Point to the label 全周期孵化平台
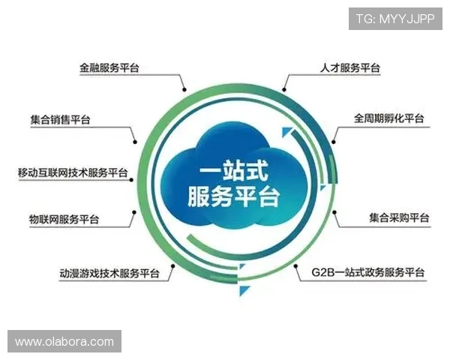388,118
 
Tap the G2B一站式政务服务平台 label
367,272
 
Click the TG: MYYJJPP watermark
394,18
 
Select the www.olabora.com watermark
64,342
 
